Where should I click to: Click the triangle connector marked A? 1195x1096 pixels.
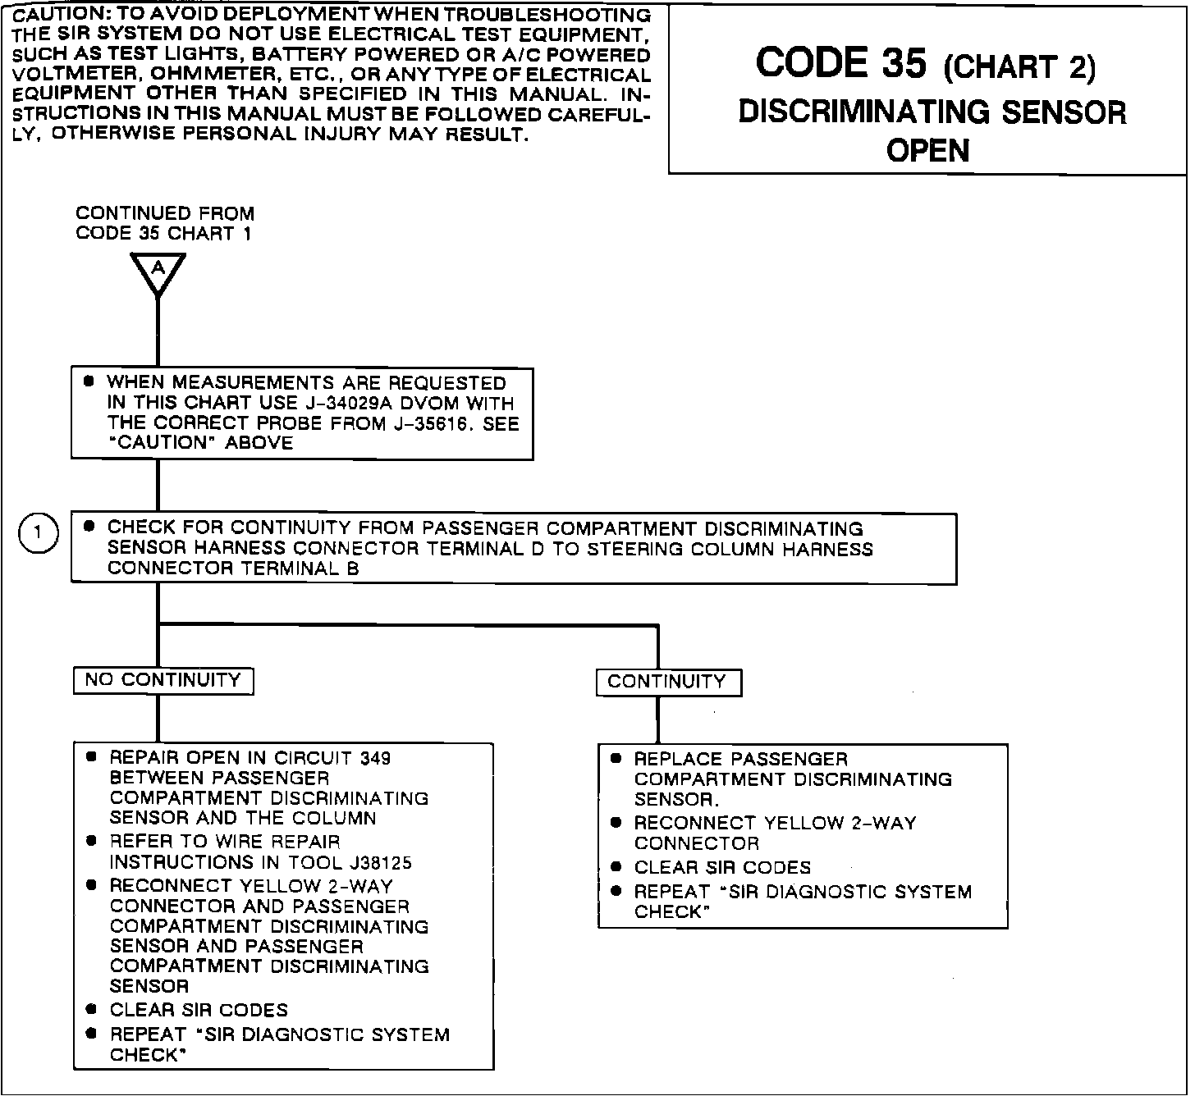pyautogui.click(x=158, y=272)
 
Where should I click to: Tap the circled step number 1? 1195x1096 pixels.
pyautogui.click(x=38, y=534)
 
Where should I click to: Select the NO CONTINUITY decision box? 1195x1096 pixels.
pyautogui.click(x=163, y=680)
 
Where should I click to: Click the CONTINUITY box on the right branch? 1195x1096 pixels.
pyautogui.click(x=668, y=682)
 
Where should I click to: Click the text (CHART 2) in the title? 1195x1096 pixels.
pyautogui.click(x=1019, y=67)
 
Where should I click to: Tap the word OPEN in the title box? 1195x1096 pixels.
pyautogui.click(x=927, y=151)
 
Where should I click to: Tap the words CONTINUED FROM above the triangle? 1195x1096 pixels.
pyautogui.click(x=165, y=213)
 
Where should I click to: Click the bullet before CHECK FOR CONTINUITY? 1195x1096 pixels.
pyautogui.click(x=89, y=527)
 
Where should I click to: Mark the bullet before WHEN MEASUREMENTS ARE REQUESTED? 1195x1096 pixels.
pyautogui.click(x=89, y=382)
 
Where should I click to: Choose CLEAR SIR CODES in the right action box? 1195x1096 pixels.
pyautogui.click(x=722, y=867)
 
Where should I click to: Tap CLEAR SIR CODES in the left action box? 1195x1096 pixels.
pyautogui.click(x=199, y=1010)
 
